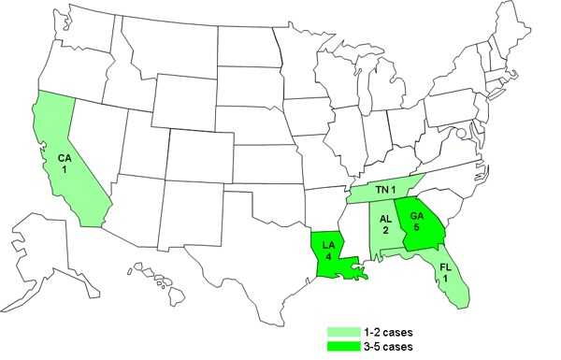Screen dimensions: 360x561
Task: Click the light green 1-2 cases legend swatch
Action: click(x=344, y=331)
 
